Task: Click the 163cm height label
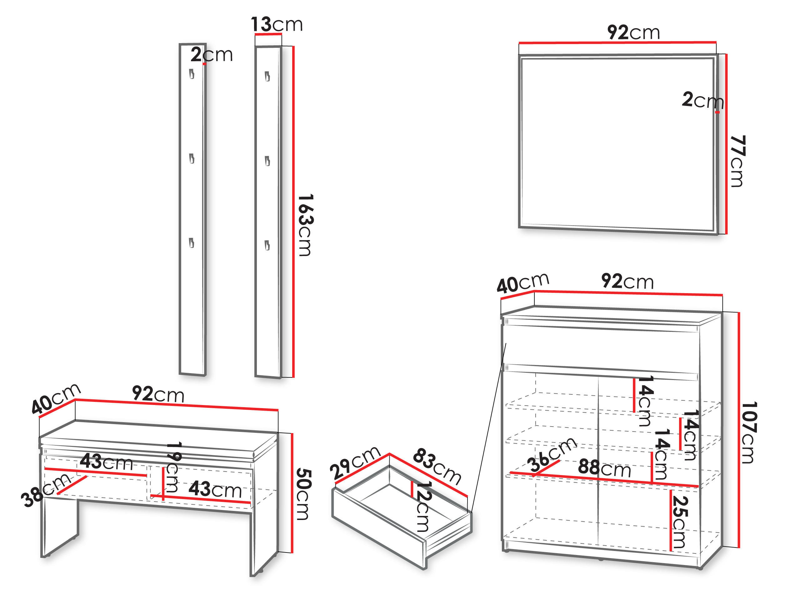305,225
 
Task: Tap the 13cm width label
277,24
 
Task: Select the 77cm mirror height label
737,161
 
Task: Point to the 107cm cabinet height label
749,432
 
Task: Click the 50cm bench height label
303,494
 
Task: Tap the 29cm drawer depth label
355,463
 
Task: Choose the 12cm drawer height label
423,506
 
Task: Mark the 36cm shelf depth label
552,454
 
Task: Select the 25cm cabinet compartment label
680,522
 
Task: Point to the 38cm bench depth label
46,490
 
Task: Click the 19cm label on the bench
173,467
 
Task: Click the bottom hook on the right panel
267,245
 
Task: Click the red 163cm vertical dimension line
293,212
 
